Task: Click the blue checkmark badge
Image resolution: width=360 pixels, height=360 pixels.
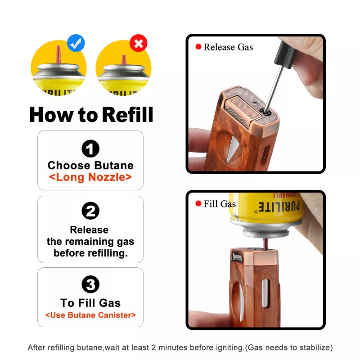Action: click(x=76, y=43)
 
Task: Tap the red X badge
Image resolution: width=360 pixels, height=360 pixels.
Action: click(x=139, y=43)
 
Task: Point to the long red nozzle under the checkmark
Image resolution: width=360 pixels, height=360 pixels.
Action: click(x=58, y=54)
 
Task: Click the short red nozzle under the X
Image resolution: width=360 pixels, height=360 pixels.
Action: click(x=124, y=60)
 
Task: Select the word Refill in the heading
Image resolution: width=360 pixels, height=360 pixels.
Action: click(x=127, y=115)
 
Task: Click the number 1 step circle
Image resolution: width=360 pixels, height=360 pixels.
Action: click(x=90, y=148)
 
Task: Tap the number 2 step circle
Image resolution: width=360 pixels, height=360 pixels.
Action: click(x=90, y=211)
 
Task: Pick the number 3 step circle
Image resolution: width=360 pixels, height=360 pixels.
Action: click(x=90, y=284)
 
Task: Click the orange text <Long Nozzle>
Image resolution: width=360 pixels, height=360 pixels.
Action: click(x=90, y=177)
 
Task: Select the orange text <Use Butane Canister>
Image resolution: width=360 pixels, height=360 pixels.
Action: click(x=90, y=315)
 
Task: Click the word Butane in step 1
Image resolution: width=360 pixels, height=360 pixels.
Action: click(x=114, y=165)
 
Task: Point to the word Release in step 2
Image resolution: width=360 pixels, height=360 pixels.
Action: click(x=89, y=229)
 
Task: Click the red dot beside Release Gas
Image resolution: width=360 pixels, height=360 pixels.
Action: click(x=198, y=47)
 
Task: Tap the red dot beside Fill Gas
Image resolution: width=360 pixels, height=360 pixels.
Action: click(x=198, y=203)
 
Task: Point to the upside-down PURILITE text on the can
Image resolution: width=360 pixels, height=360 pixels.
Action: click(x=279, y=207)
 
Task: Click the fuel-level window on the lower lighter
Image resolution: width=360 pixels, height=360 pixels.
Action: click(x=265, y=293)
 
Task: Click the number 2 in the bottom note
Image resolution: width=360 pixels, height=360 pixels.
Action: click(x=153, y=347)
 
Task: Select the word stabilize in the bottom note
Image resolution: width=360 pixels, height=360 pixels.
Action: click(x=315, y=347)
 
